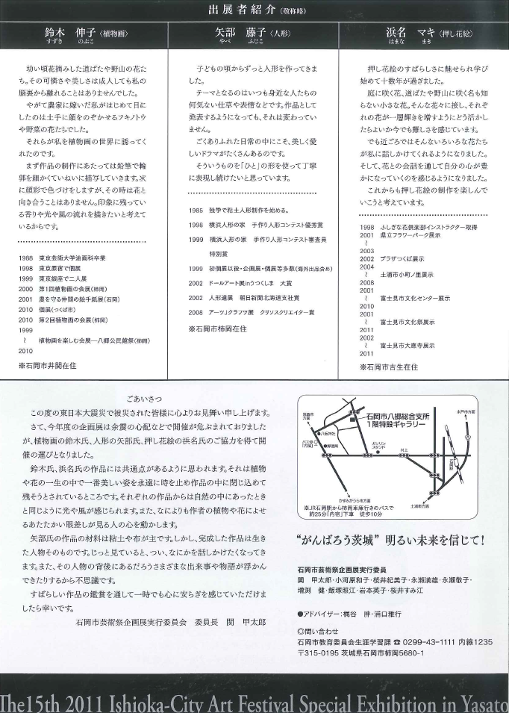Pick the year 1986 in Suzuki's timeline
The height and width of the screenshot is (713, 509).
[x=25, y=257]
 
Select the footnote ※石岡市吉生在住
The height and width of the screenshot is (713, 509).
[x=389, y=367]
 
